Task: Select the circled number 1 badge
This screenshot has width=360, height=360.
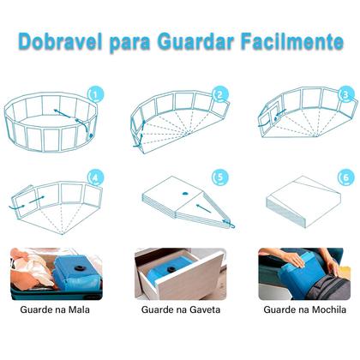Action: coord(95,94)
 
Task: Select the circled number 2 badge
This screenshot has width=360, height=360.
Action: coord(220,95)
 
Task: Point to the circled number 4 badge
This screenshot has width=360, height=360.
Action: coord(95,178)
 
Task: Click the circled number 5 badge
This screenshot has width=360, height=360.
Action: coord(220,179)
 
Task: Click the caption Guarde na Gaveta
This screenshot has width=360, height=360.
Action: coord(180,310)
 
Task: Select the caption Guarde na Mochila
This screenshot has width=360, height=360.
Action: coord(306,310)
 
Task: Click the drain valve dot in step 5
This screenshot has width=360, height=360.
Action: coord(183,196)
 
